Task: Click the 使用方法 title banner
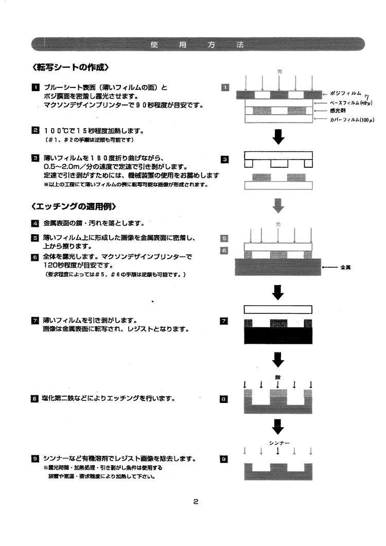(198, 44)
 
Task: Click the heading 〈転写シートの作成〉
(71, 67)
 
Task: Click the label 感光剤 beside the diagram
(337, 111)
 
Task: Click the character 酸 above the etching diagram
(278, 378)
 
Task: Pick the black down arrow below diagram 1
(278, 137)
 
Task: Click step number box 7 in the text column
(35, 320)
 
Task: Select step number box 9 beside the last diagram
(224, 459)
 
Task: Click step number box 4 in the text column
(35, 223)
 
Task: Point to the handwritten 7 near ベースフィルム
(367, 97)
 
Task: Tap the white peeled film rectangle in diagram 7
(278, 309)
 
